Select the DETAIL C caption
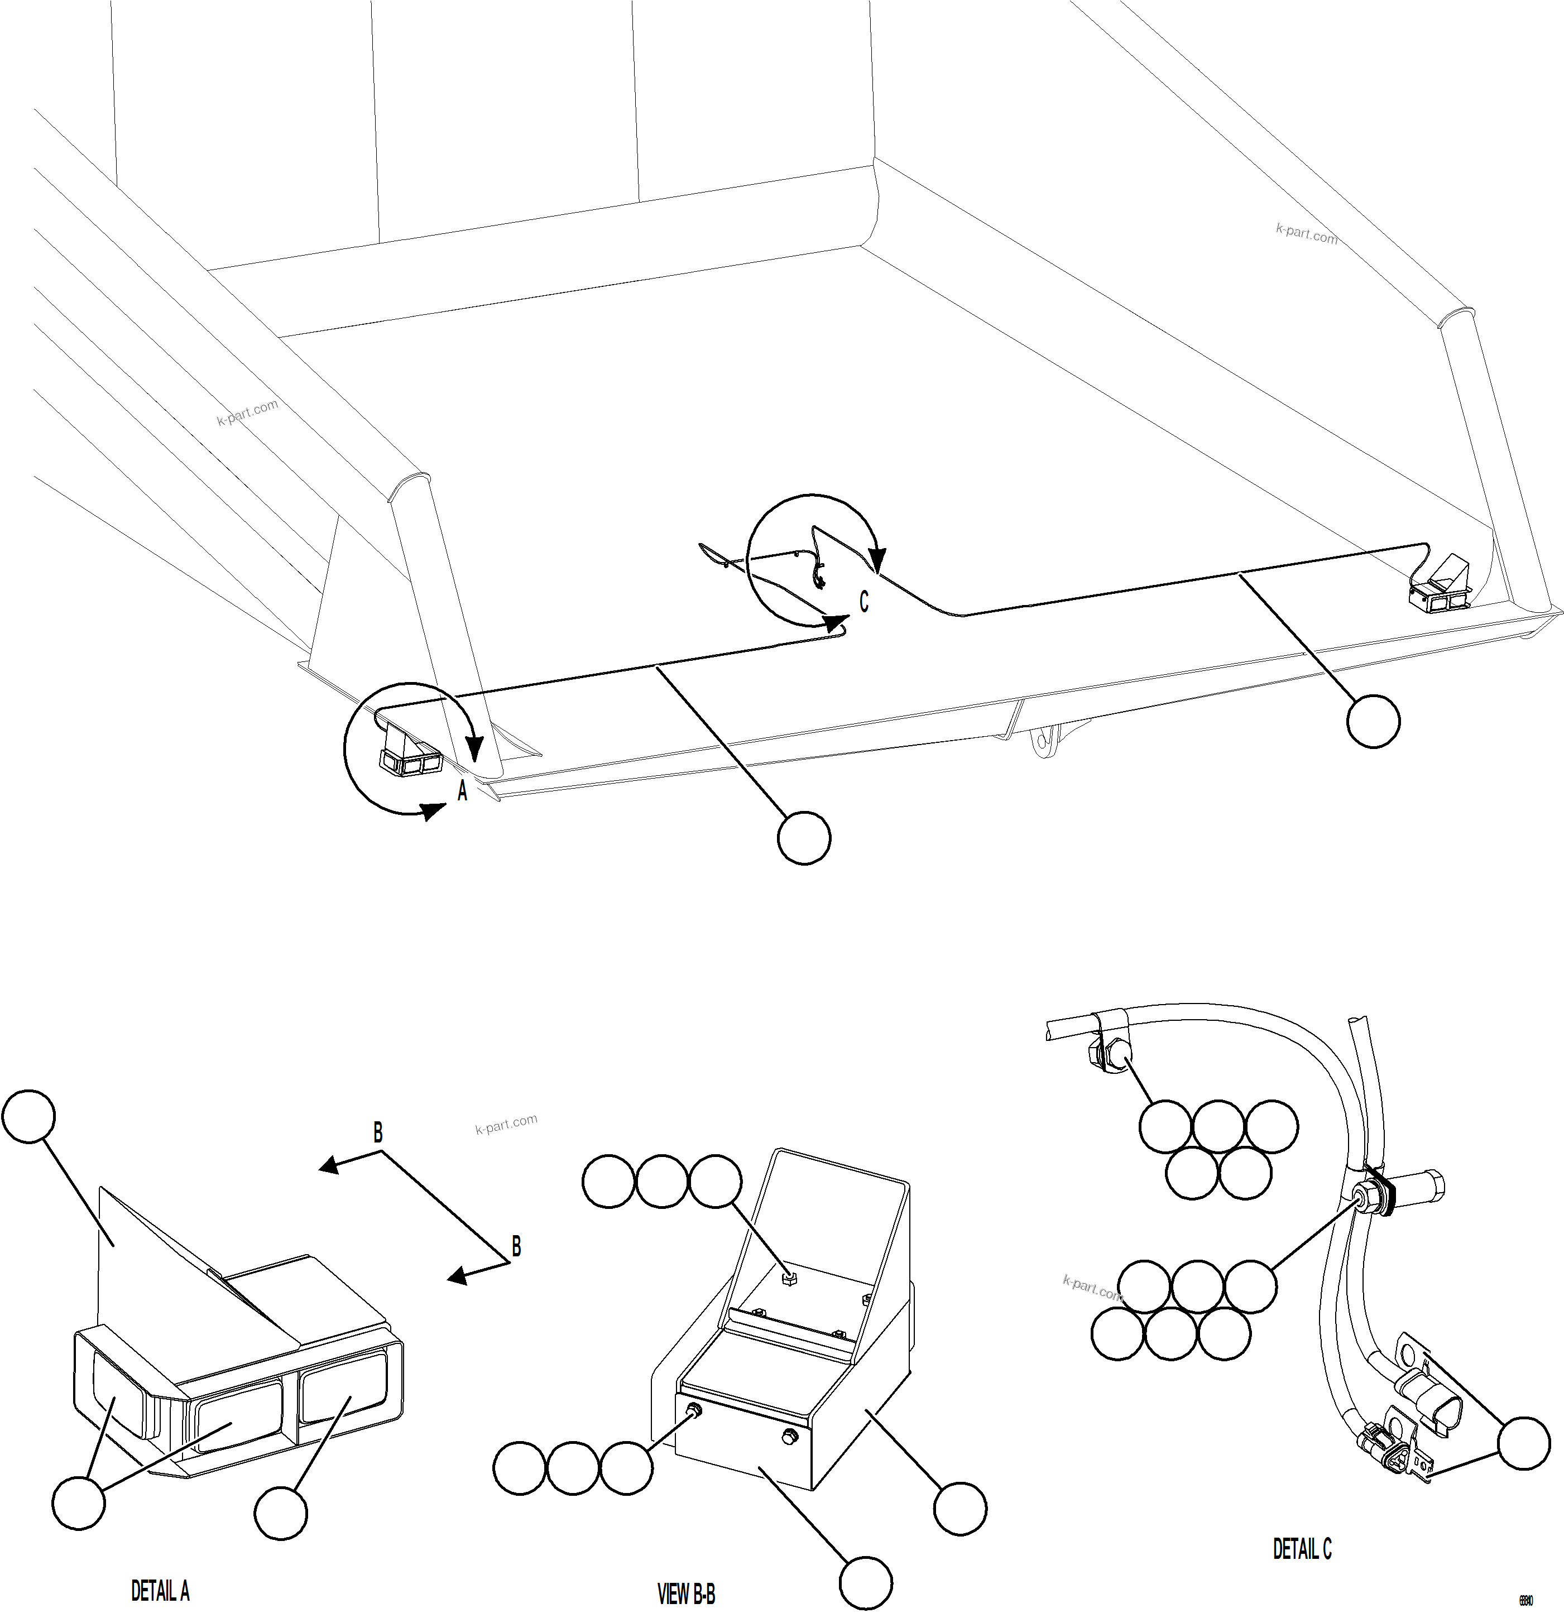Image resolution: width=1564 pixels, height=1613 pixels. [x=1302, y=1549]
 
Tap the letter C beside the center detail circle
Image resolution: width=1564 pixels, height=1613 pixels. [x=863, y=602]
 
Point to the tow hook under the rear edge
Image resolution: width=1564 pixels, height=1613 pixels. [x=1044, y=741]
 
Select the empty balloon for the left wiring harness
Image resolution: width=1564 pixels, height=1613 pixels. [x=803, y=838]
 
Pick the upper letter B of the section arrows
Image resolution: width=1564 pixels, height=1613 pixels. [x=378, y=1133]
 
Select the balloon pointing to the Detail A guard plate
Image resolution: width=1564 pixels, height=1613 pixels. [x=29, y=1117]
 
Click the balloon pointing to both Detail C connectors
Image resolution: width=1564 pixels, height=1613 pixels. [x=1523, y=1443]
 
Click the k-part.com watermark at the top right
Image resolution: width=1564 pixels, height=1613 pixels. [x=1306, y=234]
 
